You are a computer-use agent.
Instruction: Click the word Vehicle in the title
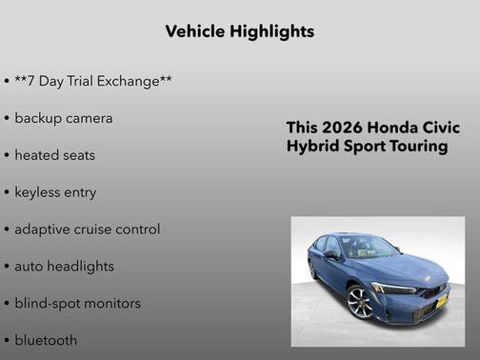click(x=196, y=31)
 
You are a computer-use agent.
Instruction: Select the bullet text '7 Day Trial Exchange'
click(x=93, y=81)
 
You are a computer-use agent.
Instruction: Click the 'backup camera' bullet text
click(x=63, y=118)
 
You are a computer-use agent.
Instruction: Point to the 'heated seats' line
click(x=54, y=155)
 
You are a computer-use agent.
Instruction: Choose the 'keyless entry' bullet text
click(x=55, y=192)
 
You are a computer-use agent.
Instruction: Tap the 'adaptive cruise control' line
click(x=87, y=230)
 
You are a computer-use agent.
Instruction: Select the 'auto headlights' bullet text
click(x=64, y=267)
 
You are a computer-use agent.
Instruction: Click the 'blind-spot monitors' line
click(x=77, y=304)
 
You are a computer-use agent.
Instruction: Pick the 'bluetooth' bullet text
click(x=46, y=340)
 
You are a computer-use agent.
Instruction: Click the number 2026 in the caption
click(x=341, y=128)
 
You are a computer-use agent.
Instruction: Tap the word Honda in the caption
click(x=392, y=128)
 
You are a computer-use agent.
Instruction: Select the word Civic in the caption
click(x=441, y=128)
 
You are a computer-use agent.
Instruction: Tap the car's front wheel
click(x=362, y=304)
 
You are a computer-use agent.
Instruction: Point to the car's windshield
click(x=370, y=248)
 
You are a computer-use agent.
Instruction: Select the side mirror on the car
click(x=330, y=255)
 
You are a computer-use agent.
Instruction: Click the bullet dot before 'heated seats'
click(x=7, y=155)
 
